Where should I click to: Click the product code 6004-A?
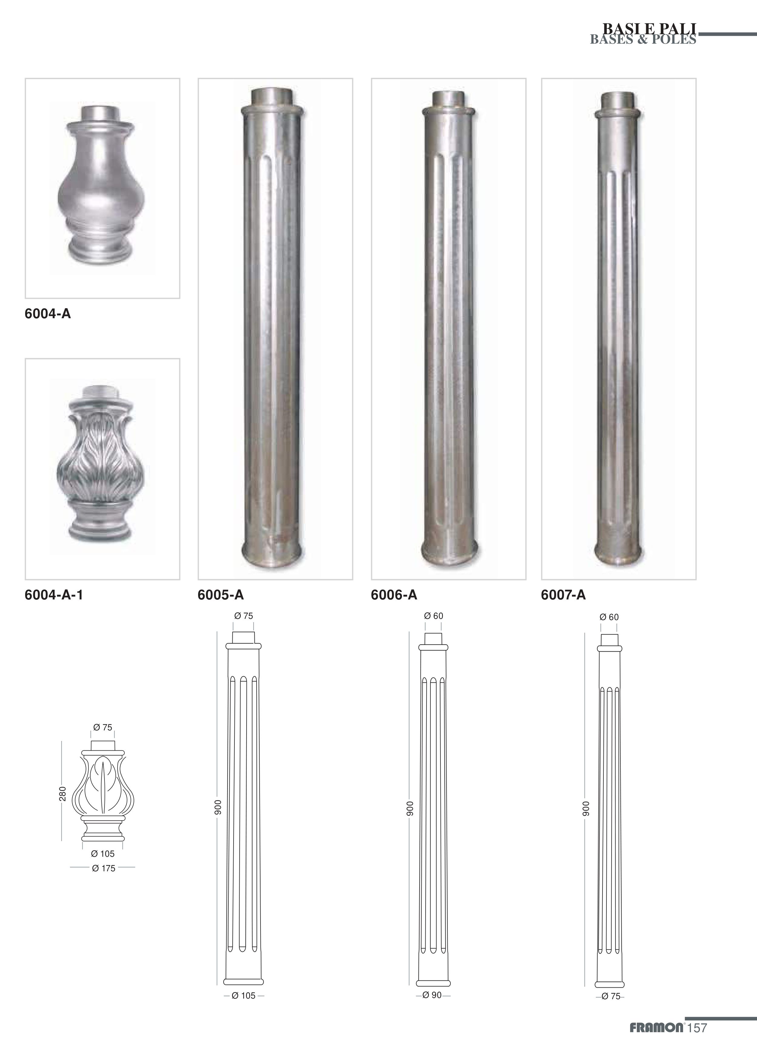[48, 314]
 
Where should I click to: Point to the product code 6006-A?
[394, 595]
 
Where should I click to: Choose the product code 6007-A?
[563, 595]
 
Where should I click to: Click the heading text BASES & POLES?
[642, 39]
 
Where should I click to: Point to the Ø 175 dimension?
[103, 869]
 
